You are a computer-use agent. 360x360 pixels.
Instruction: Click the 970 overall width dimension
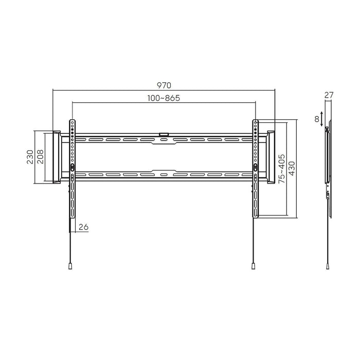(x=164, y=85)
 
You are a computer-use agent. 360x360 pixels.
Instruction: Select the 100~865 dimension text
(x=164, y=98)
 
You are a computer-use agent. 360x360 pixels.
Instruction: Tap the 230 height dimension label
(x=30, y=156)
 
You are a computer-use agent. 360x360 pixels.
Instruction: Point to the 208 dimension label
(x=40, y=156)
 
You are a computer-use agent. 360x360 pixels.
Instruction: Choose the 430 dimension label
(x=292, y=168)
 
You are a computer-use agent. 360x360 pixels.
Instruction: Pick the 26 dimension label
(x=84, y=227)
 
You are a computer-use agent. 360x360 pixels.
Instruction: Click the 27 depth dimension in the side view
(x=330, y=95)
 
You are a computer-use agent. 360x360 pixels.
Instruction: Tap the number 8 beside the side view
(x=317, y=119)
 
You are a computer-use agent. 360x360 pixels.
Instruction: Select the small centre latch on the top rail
(x=164, y=135)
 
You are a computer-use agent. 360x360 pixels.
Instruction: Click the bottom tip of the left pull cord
(x=69, y=267)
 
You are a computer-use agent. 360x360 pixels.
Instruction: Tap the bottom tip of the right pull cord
(x=254, y=267)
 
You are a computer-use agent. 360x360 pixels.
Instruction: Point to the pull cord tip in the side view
(x=328, y=267)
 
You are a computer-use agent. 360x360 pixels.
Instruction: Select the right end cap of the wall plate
(x=269, y=156)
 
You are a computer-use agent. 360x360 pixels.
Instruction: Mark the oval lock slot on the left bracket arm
(x=72, y=167)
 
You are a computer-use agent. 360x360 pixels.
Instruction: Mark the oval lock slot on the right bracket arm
(x=255, y=167)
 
